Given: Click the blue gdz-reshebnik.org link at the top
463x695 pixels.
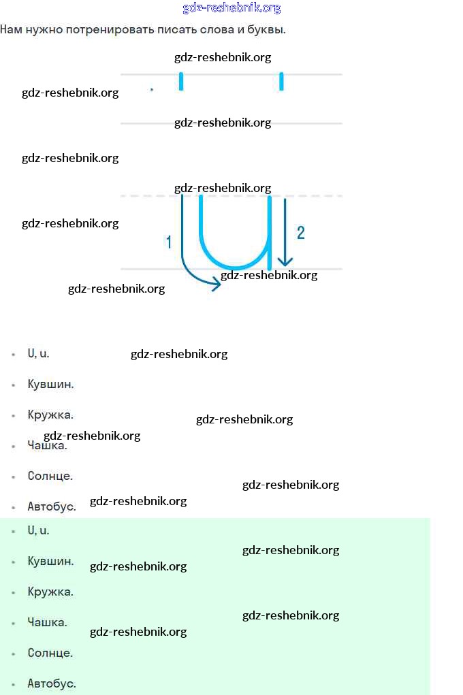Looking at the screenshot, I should pyautogui.click(x=231, y=8).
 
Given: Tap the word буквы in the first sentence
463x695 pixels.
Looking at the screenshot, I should pyautogui.click(x=266, y=30).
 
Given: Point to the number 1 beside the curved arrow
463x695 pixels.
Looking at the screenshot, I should pyautogui.click(x=169, y=242).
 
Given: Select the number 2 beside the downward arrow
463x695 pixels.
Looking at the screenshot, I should pyautogui.click(x=300, y=233).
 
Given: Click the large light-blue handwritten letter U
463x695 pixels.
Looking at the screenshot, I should pyautogui.click(x=236, y=234).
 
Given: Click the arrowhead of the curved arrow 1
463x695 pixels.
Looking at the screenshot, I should pyautogui.click(x=217, y=285).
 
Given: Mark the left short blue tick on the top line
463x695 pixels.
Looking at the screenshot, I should pyautogui.click(x=181, y=82).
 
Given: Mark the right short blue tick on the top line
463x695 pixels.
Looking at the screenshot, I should pyautogui.click(x=281, y=82).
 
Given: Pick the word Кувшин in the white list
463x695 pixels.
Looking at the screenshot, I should pyautogui.click(x=50, y=384).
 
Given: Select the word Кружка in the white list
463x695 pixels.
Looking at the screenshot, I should pyautogui.click(x=50, y=415).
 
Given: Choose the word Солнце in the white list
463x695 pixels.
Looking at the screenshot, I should pyautogui.click(x=50, y=476).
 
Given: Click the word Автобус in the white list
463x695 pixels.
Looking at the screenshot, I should pyautogui.click(x=51, y=506).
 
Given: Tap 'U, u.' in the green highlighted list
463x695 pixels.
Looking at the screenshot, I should pyautogui.click(x=38, y=530).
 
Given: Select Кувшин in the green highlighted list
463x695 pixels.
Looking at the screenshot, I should pyautogui.click(x=50, y=561).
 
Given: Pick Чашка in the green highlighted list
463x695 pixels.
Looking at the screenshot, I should pyautogui.click(x=47, y=622).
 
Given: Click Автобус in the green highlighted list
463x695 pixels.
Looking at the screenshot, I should pyautogui.click(x=51, y=683).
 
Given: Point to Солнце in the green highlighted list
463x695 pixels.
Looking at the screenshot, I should pyautogui.click(x=50, y=653).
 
